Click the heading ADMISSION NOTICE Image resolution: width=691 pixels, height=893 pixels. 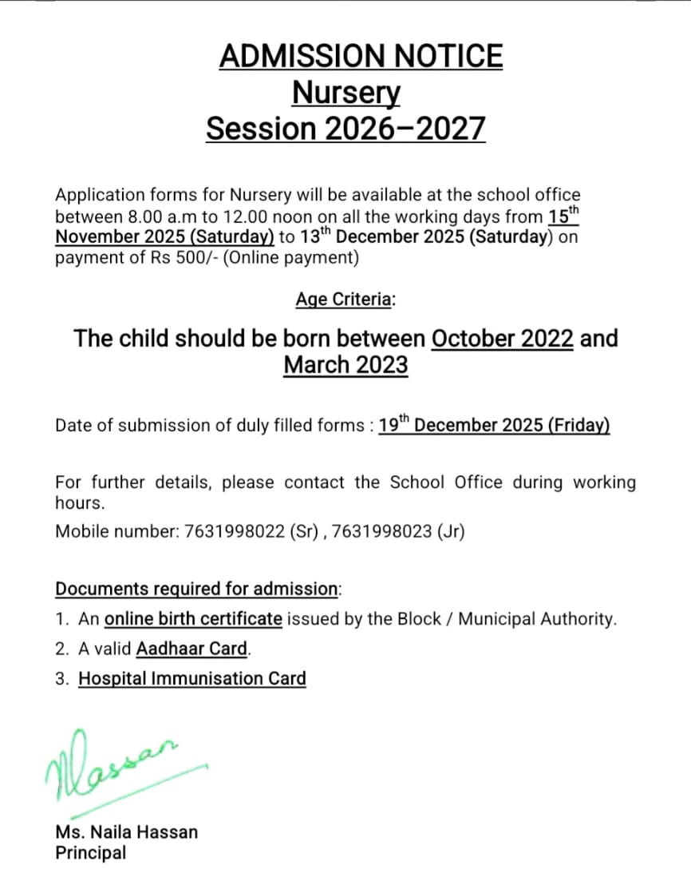pos(361,57)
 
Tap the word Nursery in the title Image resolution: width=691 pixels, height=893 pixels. pos(345,93)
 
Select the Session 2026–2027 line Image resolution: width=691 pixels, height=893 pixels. pos(345,129)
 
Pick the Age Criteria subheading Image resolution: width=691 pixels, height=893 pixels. pos(345,300)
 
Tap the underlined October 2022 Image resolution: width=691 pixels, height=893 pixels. pos(502,338)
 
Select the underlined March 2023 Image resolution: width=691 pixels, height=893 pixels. pos(345,365)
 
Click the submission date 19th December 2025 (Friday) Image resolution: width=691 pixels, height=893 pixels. pos(494,424)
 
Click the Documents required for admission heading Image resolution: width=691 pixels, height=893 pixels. pos(197,589)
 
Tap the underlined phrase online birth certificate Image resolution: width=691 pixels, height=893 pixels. pos(193,618)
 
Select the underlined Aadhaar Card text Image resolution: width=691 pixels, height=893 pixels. pos(192,649)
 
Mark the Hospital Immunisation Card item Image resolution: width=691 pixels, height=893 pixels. pos(192,679)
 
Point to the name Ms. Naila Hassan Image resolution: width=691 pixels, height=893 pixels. pos(127,831)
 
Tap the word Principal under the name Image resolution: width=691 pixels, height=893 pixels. pos(90,852)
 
